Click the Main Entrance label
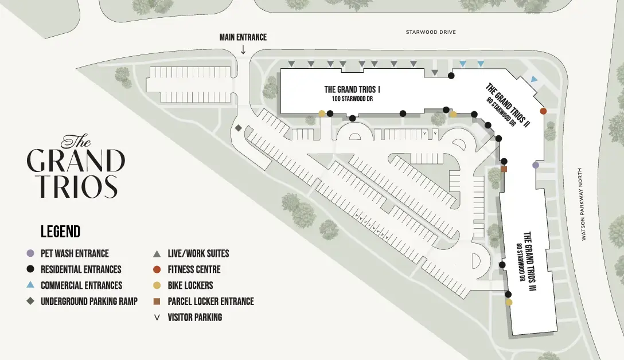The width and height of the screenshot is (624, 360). [243, 37]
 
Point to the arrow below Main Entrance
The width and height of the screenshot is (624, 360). [243, 50]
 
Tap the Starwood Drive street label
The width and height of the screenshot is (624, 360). [431, 32]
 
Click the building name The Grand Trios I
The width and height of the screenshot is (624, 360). [353, 89]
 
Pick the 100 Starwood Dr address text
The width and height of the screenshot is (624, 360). [353, 99]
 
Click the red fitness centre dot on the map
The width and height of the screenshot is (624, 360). [543, 111]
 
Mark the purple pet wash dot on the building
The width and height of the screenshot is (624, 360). [536, 165]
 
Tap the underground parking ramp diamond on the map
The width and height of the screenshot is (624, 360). [237, 128]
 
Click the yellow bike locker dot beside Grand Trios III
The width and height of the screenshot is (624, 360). [509, 302]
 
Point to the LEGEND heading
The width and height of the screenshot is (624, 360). [60, 232]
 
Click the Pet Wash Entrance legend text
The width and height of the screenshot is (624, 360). [75, 253]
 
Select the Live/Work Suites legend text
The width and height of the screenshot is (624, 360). [198, 253]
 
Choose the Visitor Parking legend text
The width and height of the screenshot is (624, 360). [194, 317]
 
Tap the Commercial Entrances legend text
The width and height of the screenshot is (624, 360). [81, 285]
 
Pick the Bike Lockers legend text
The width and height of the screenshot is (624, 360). [190, 285]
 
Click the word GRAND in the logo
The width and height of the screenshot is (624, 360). [75, 161]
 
